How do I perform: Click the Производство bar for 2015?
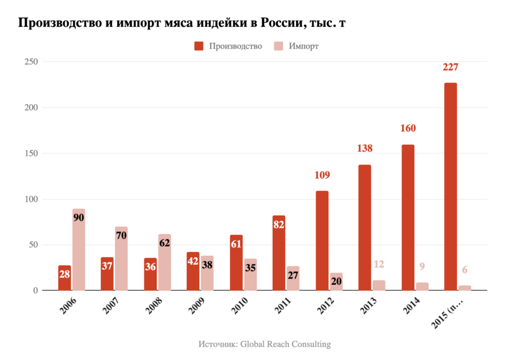click(x=450, y=187)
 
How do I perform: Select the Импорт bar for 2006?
click(x=79, y=250)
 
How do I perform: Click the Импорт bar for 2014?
click(x=422, y=286)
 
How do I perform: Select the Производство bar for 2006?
click(x=65, y=278)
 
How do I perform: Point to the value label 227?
click(x=450, y=67)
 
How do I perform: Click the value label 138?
click(x=365, y=149)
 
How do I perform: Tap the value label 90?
click(x=79, y=218)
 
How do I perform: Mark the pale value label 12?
click(x=379, y=265)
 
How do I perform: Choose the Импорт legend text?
click(x=304, y=46)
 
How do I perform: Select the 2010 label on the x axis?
click(x=239, y=307)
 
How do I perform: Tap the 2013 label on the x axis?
click(x=368, y=307)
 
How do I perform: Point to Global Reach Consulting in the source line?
click(x=285, y=344)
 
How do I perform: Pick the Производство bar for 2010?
click(x=236, y=262)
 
